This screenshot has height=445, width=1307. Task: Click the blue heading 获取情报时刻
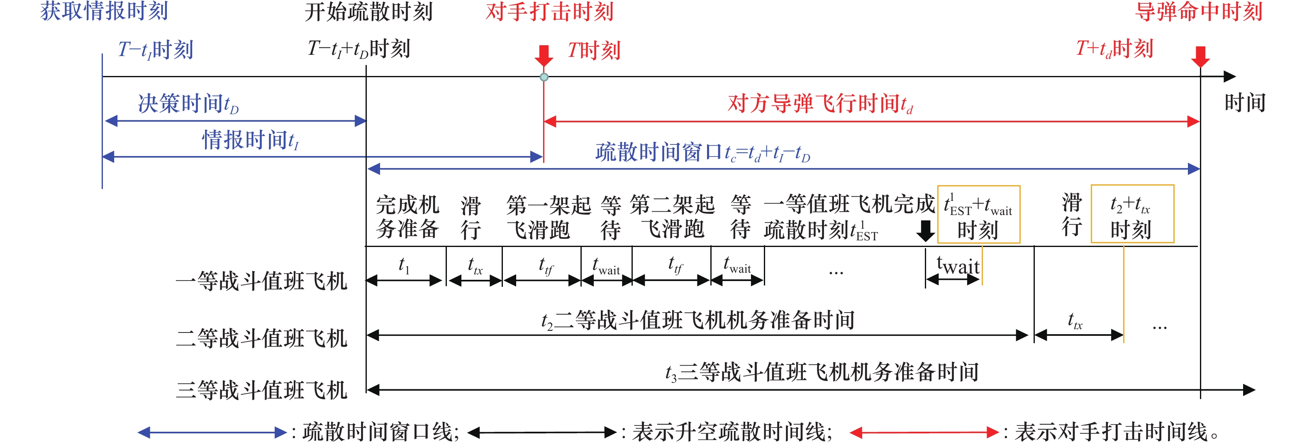(x=104, y=11)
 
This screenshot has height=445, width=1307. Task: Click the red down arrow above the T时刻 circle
(x=544, y=55)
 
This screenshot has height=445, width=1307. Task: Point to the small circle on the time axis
(x=544, y=77)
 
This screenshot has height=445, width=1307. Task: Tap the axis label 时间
(x=1245, y=103)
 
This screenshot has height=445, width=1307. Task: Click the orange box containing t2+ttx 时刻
(x=1132, y=214)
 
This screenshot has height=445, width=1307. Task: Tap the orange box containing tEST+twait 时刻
(x=978, y=214)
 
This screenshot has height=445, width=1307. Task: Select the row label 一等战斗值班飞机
(x=261, y=281)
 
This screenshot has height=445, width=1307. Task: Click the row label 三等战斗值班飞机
(x=261, y=390)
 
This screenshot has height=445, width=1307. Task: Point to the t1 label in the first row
(x=404, y=265)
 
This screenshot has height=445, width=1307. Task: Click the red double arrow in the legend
(x=924, y=432)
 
